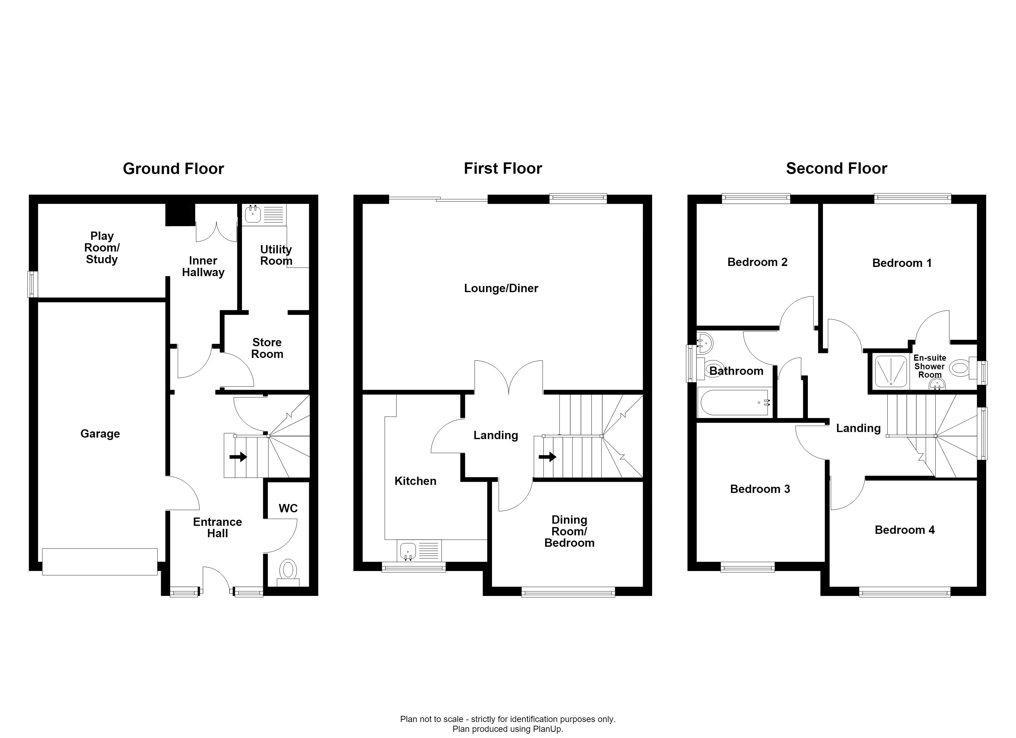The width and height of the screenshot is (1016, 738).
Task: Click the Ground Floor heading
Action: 173,169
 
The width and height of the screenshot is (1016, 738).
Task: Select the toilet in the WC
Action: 288,572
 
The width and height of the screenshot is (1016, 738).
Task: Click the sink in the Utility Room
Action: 253,214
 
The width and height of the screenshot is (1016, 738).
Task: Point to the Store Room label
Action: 267,348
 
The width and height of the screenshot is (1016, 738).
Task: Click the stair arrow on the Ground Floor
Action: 238,457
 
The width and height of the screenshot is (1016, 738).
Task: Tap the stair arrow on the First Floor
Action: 547,457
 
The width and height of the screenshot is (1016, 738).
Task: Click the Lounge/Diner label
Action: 501,288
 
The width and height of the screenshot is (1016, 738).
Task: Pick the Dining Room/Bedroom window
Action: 568,593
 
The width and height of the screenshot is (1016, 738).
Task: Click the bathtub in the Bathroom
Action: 735,402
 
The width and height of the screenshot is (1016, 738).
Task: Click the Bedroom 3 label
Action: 760,489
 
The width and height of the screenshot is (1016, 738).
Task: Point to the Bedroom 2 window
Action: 756,198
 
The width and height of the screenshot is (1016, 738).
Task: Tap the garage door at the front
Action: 100,562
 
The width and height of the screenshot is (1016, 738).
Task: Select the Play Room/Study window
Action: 32,284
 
